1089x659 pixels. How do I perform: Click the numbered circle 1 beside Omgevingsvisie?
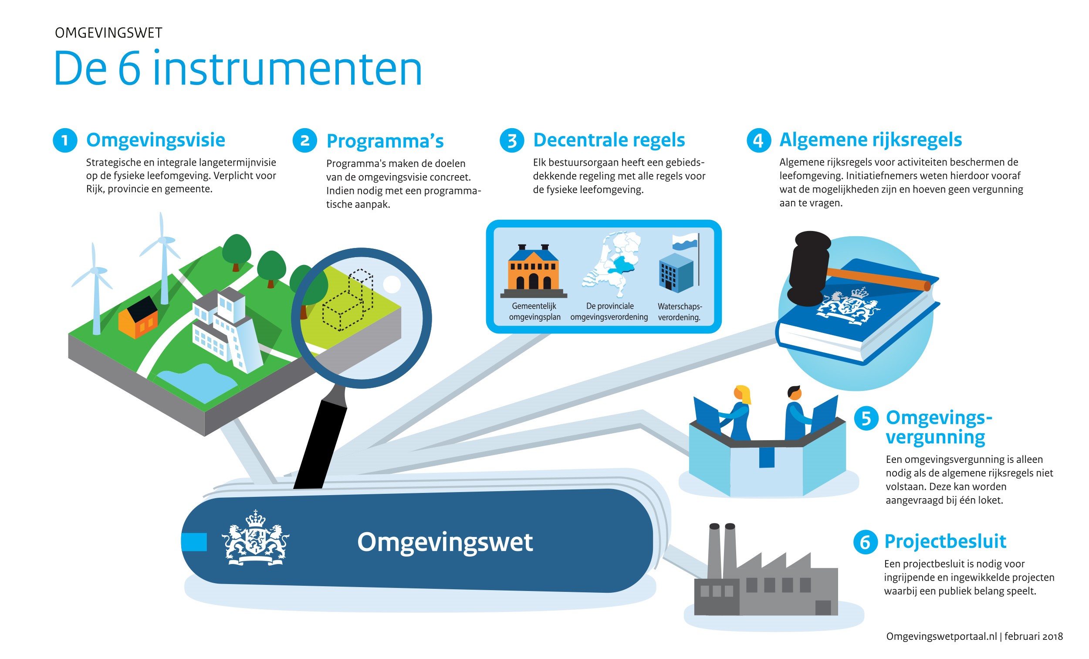click(65, 140)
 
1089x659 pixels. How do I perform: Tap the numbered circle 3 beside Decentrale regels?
click(511, 140)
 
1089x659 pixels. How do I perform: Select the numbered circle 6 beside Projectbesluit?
click(865, 542)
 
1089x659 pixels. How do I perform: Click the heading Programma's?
click(385, 141)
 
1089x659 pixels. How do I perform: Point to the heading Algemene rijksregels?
click(870, 140)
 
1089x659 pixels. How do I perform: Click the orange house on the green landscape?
click(138, 317)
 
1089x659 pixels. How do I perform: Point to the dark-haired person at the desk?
click(797, 413)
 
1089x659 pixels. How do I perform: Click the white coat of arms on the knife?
click(255, 538)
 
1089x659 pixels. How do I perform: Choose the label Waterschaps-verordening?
click(679, 312)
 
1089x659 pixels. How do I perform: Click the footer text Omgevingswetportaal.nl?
click(941, 636)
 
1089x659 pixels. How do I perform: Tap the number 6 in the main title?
click(129, 69)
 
